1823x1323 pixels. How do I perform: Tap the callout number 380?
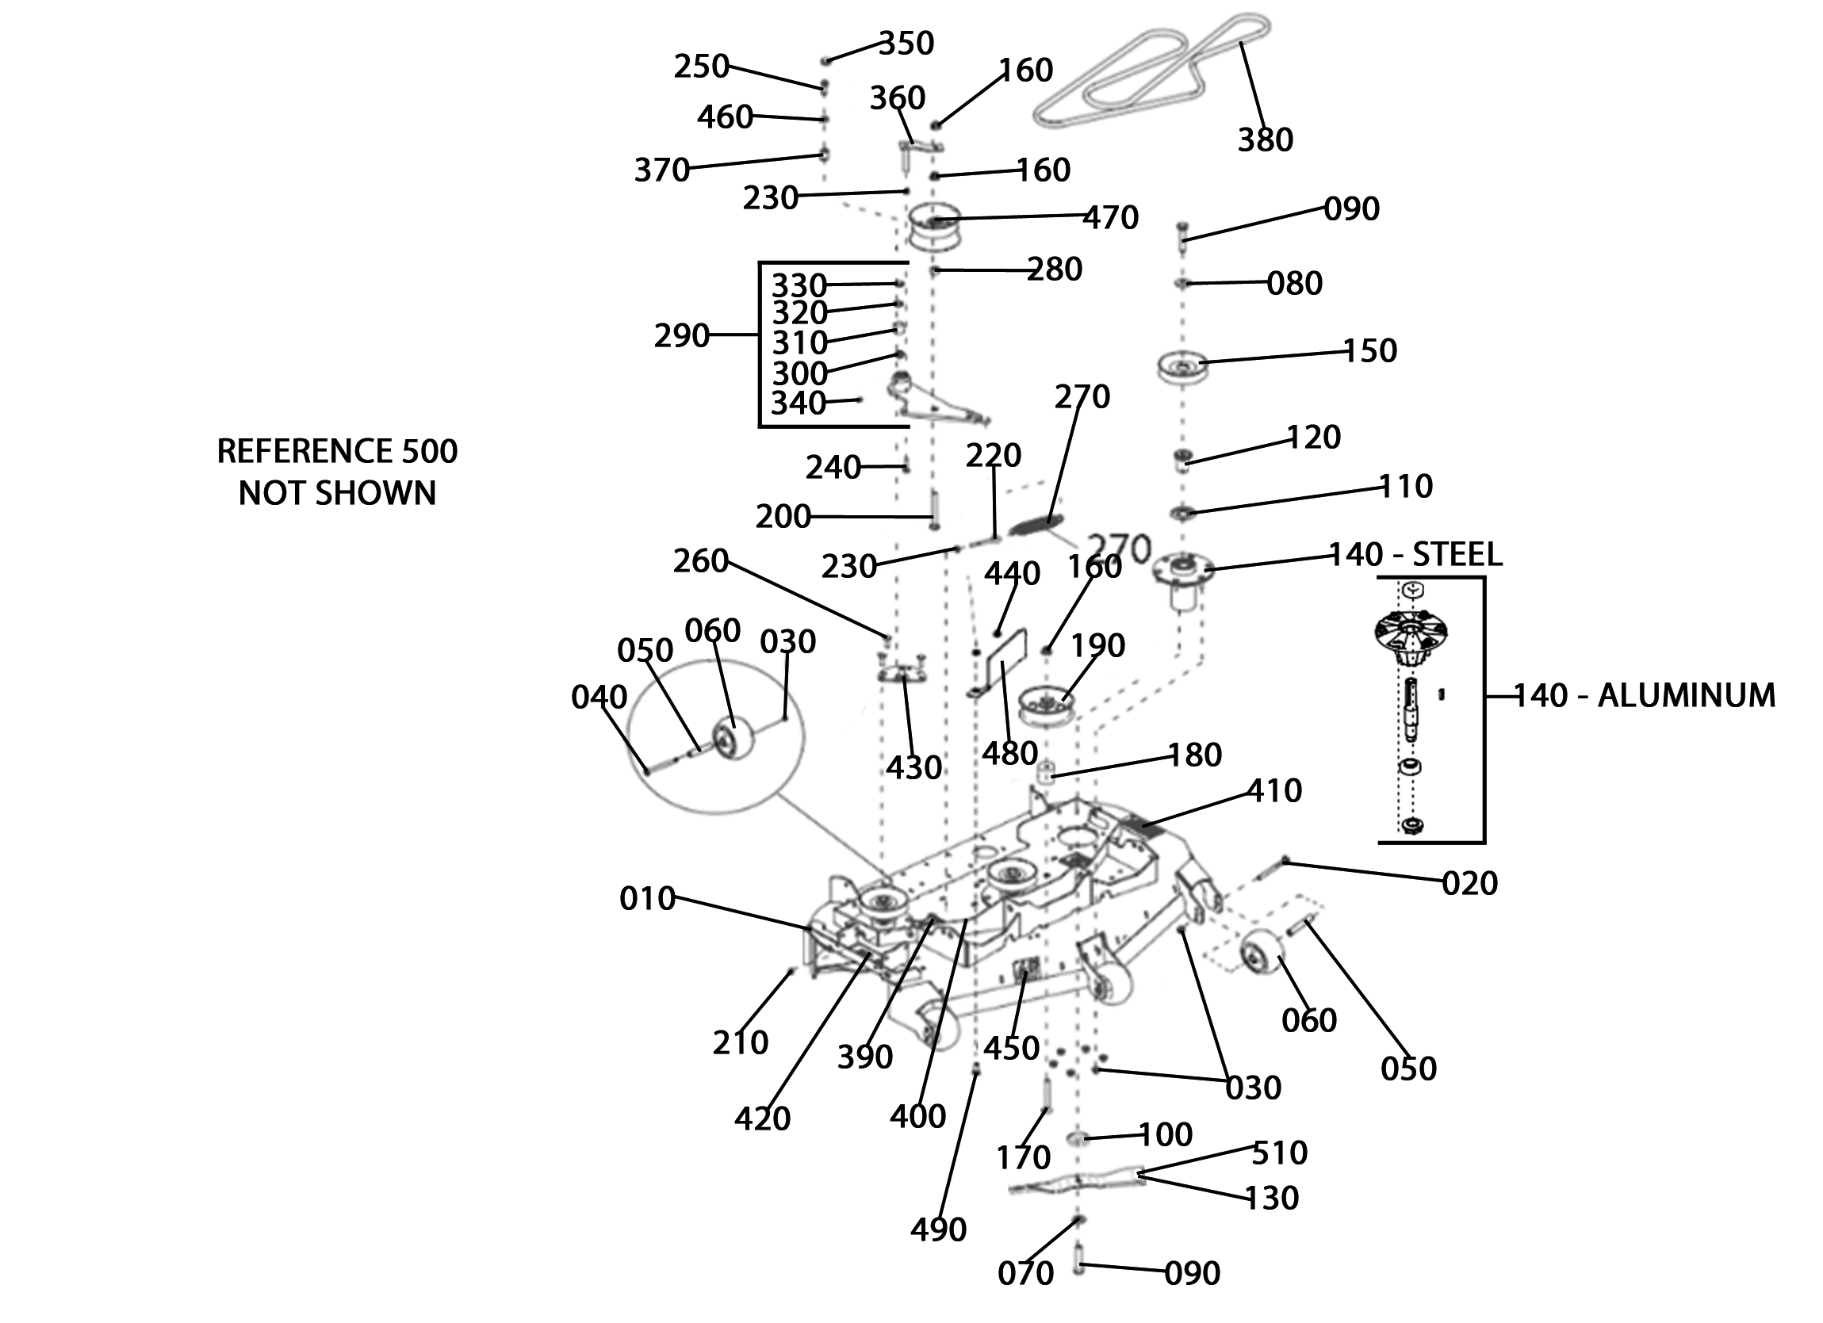(x=1266, y=140)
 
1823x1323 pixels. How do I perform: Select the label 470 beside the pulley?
(x=1111, y=218)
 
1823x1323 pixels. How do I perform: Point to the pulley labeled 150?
(x=1183, y=366)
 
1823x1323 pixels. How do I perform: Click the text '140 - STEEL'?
(x=1415, y=555)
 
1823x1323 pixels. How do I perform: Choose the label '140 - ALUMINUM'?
(x=1645, y=695)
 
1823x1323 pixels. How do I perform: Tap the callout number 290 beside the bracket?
(x=682, y=335)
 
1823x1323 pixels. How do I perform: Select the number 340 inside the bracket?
(x=799, y=403)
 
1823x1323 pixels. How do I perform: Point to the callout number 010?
(x=647, y=899)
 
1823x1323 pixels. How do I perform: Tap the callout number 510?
(x=1280, y=1153)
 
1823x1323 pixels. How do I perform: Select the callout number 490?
(x=938, y=1229)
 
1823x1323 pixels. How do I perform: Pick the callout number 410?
(x=1274, y=791)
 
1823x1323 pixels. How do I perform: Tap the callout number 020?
(x=1470, y=883)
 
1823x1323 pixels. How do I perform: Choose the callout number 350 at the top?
(x=906, y=44)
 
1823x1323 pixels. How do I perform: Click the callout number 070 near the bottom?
(x=1025, y=1273)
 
